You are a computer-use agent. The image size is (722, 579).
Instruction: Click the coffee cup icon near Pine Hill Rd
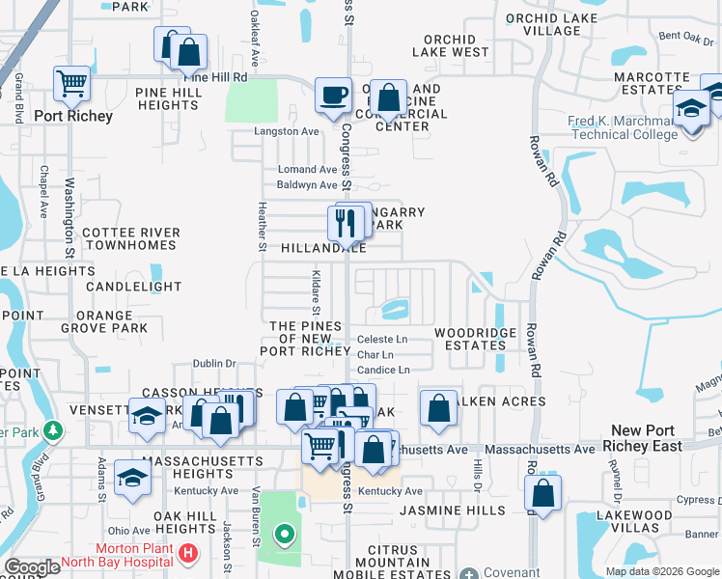[x=334, y=96]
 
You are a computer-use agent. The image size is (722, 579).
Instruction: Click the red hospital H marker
[x=189, y=555]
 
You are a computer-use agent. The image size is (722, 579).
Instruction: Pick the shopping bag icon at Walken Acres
[x=439, y=407]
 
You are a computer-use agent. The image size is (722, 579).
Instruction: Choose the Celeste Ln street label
[x=382, y=340]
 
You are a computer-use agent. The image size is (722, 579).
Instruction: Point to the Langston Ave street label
[x=286, y=131]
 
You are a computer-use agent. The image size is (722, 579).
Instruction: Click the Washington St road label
[x=69, y=215]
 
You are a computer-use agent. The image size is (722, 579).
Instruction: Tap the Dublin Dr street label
[x=214, y=364]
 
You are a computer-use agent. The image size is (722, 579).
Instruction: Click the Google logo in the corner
[x=32, y=567]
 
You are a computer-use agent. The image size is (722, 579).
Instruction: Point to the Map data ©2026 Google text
[x=662, y=571]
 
